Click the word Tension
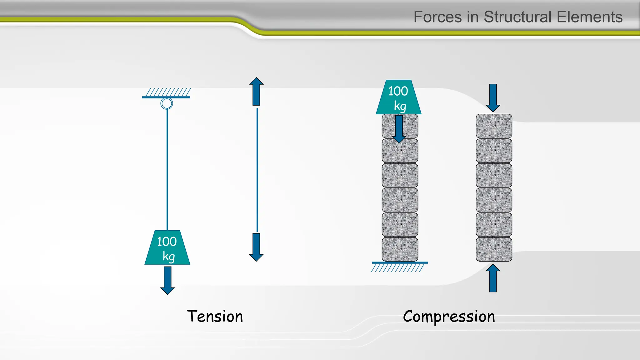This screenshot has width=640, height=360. (215, 316)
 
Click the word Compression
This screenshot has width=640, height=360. (449, 317)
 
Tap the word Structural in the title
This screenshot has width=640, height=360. (517, 17)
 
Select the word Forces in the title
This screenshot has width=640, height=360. (437, 17)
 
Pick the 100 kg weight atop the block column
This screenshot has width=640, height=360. (398, 97)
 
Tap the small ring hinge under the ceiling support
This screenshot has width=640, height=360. (167, 103)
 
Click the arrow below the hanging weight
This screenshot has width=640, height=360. (167, 280)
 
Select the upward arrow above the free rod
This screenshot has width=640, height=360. (256, 91)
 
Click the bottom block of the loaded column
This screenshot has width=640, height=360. (400, 249)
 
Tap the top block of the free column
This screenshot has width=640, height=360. (494, 126)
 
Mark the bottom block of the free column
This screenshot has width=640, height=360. (494, 249)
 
